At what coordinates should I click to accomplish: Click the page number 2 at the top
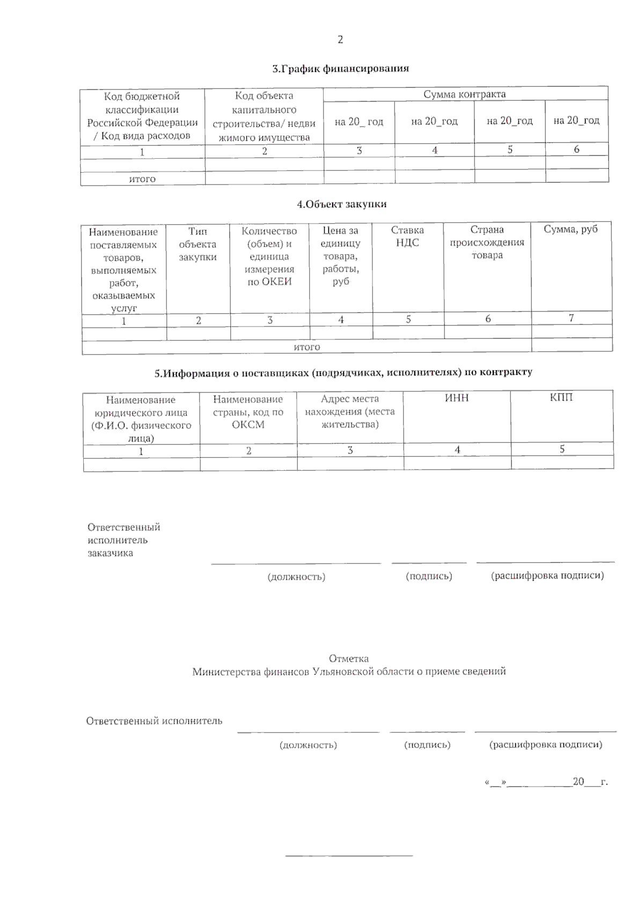(x=340, y=40)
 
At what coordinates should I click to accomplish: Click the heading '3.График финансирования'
(x=340, y=69)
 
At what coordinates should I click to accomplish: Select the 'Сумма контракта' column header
(x=465, y=94)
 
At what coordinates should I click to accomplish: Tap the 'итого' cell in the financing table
(x=142, y=179)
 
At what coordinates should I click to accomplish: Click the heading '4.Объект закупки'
(x=342, y=204)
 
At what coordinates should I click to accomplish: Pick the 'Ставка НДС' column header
(x=407, y=236)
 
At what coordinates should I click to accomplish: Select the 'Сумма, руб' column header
(x=570, y=230)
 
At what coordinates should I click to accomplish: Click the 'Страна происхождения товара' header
(x=487, y=242)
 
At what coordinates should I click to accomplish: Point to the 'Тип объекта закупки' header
(x=197, y=244)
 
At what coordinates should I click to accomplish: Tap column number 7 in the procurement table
(x=571, y=318)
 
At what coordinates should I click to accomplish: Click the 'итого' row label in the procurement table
(x=307, y=347)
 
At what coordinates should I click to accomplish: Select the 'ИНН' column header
(x=457, y=398)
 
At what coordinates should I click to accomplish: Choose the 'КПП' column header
(x=561, y=397)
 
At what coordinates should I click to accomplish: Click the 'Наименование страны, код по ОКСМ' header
(x=248, y=412)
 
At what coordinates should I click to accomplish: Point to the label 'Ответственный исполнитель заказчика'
(x=123, y=540)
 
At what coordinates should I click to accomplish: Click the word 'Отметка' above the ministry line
(x=348, y=658)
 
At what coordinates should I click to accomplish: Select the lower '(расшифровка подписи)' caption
(x=545, y=744)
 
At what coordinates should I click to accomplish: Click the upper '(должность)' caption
(x=296, y=577)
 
